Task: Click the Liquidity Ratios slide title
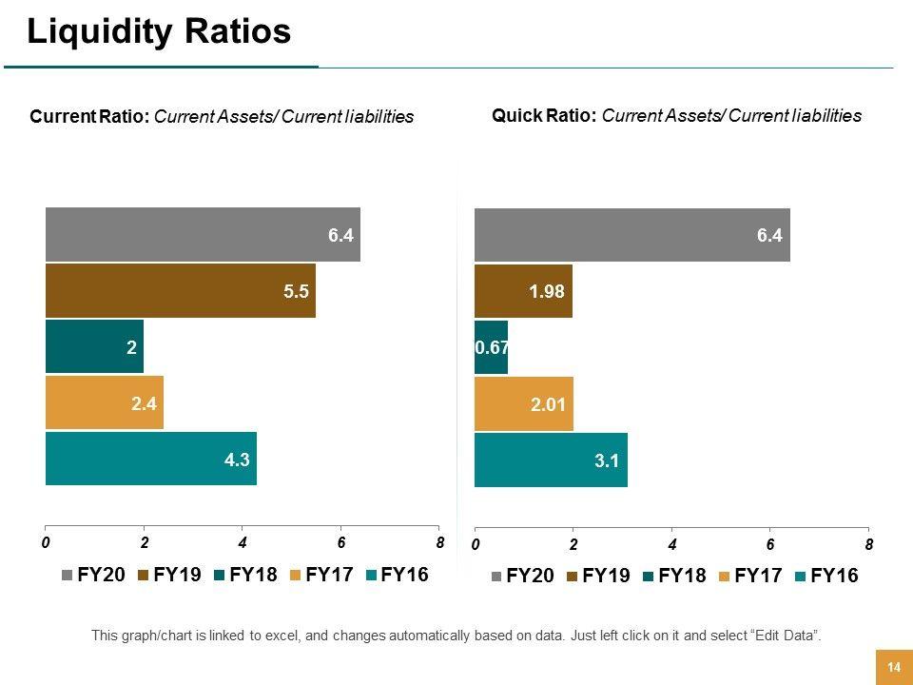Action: pos(159,32)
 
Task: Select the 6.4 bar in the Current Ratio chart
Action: pos(203,234)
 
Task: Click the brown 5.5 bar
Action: pos(181,291)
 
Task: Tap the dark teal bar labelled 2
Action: pos(94,347)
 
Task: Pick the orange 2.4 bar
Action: pos(105,402)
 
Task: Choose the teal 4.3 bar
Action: pos(151,459)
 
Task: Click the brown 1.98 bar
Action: pos(523,291)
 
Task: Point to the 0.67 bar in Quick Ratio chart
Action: pos(491,348)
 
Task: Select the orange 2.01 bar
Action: pos(524,404)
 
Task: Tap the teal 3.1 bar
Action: pos(551,460)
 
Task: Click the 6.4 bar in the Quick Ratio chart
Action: pos(631,234)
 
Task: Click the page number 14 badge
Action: pos(893,667)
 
